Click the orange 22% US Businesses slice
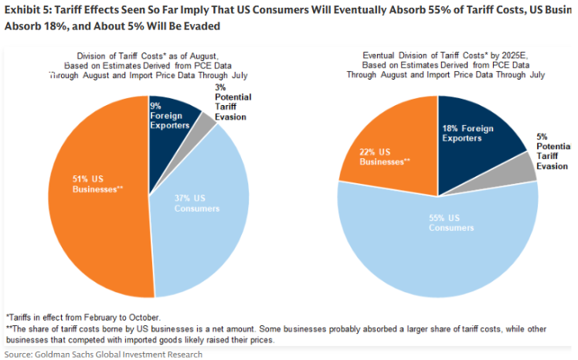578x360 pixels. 386,155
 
